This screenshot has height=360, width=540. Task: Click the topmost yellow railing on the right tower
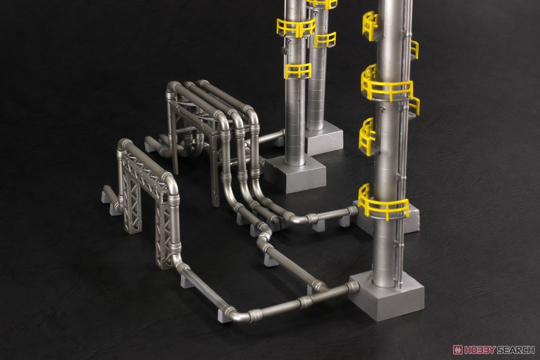370,25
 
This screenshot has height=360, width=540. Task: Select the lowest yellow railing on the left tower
298,71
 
